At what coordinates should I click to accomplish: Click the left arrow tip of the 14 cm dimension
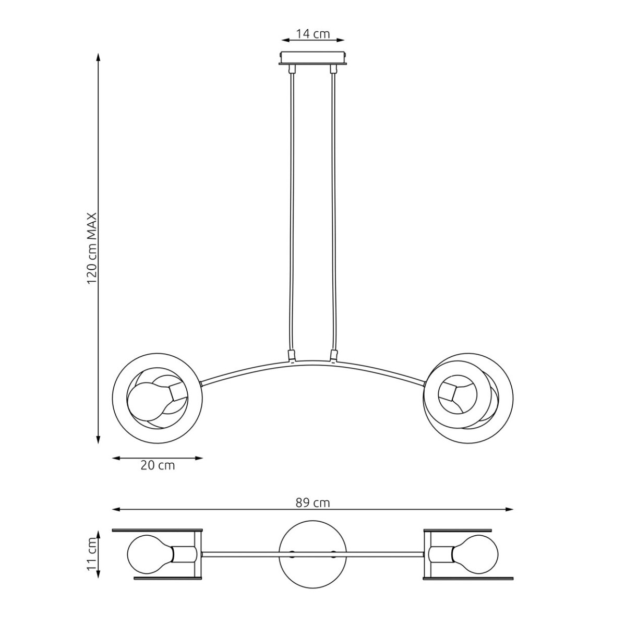pyautogui.click(x=282, y=40)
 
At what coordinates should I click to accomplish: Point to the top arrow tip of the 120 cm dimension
pyautogui.click(x=98, y=54)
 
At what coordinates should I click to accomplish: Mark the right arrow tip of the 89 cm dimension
pyautogui.click(x=513, y=509)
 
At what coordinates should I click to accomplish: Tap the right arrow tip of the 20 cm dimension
pyautogui.click(x=203, y=458)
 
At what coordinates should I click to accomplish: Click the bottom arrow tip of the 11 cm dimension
pyautogui.click(x=98, y=578)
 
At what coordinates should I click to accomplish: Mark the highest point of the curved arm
pyautogui.click(x=313, y=360)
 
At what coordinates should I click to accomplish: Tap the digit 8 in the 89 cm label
pyautogui.click(x=299, y=502)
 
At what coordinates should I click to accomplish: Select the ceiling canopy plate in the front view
pyautogui.click(x=313, y=58)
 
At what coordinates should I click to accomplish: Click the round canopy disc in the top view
pyautogui.click(x=313, y=553)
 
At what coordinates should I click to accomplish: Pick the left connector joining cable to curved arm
pyautogui.click(x=292, y=355)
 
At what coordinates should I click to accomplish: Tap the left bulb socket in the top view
pyautogui.click(x=184, y=553)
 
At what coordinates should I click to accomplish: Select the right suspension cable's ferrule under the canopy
pyautogui.click(x=332, y=69)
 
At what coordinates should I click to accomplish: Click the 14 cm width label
pyautogui.click(x=313, y=33)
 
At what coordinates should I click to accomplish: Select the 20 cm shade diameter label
pyautogui.click(x=158, y=466)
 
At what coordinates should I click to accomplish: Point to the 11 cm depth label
pyautogui.click(x=92, y=553)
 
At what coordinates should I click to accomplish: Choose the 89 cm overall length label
pyautogui.click(x=313, y=502)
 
